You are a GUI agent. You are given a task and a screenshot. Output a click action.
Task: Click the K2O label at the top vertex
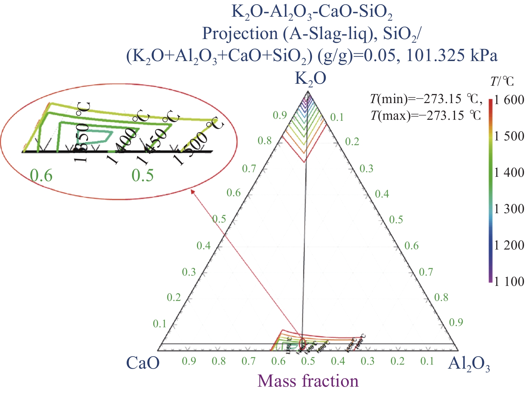(310, 79)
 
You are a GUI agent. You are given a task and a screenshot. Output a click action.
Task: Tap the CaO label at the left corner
(143, 363)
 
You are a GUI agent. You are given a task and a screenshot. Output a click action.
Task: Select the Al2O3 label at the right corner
(468, 364)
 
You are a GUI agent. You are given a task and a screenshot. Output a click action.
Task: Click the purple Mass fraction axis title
(308, 381)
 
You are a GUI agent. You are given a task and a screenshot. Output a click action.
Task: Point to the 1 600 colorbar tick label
(509, 100)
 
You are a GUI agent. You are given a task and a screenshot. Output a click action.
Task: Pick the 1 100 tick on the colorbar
(509, 282)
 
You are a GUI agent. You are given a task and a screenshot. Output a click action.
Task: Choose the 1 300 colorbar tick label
(509, 209)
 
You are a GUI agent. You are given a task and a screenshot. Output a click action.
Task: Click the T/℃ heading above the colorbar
(502, 81)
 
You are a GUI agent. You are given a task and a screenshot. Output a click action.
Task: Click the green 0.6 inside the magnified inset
(41, 175)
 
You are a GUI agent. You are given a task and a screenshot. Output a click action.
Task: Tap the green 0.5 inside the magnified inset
(143, 175)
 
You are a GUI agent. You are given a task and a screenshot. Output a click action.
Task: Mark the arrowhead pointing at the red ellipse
(192, 191)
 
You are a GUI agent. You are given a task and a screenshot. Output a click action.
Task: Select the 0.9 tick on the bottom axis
(189, 361)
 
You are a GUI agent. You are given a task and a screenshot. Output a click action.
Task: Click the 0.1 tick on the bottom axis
(427, 361)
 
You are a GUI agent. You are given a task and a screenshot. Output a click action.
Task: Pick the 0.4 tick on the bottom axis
(338, 361)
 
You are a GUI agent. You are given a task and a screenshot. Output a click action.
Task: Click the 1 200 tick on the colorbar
(509, 245)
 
